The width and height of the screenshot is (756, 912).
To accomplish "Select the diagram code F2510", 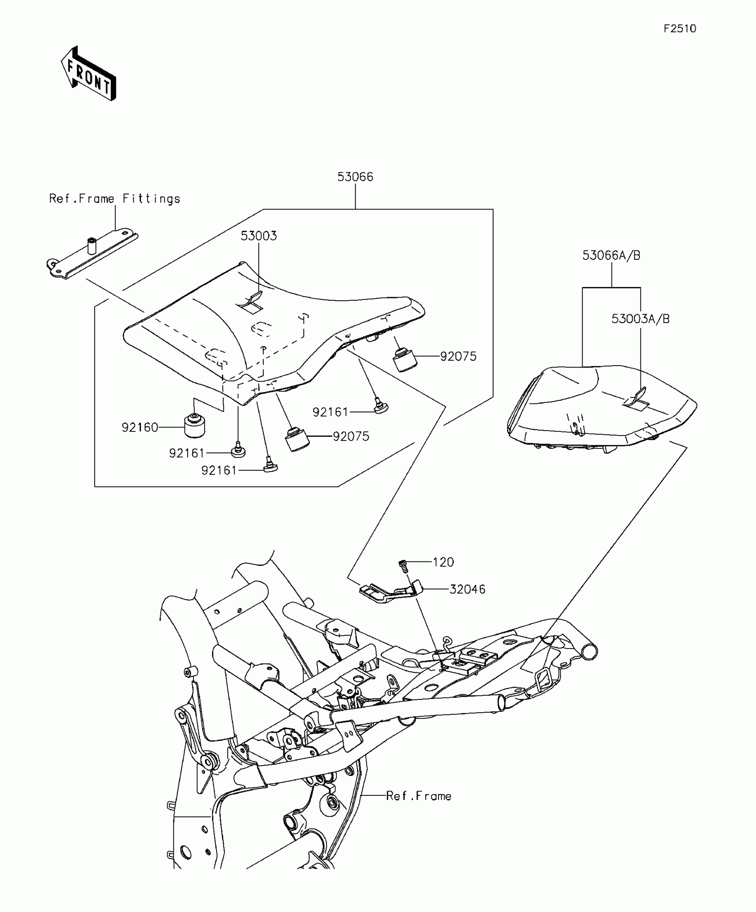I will tap(680, 29).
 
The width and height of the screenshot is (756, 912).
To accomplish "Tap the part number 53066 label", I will tap(355, 177).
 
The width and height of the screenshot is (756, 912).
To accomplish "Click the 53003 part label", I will tap(258, 236).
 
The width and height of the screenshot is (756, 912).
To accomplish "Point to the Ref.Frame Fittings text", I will tap(115, 198).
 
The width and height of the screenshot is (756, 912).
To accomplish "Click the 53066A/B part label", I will tap(611, 255).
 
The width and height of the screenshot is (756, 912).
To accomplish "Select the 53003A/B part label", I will tap(640, 319).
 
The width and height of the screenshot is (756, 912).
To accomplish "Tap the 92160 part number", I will tap(140, 428).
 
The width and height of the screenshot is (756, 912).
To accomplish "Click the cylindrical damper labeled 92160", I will tap(195, 426).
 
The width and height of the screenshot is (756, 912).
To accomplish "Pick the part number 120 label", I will tap(443, 562).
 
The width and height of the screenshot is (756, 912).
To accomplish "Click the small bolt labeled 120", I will tap(403, 566).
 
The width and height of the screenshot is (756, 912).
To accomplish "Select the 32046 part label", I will tap(467, 589).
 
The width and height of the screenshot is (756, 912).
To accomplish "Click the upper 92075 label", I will tap(458, 356).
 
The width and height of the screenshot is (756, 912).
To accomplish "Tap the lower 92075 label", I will tap(351, 436).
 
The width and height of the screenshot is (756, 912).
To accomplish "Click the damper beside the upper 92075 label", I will tap(405, 359).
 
